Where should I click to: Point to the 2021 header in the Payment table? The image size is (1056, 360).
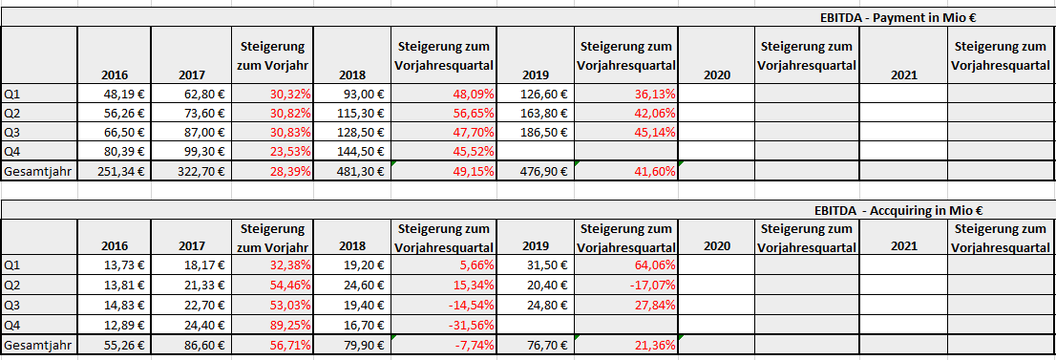click(902, 74)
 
